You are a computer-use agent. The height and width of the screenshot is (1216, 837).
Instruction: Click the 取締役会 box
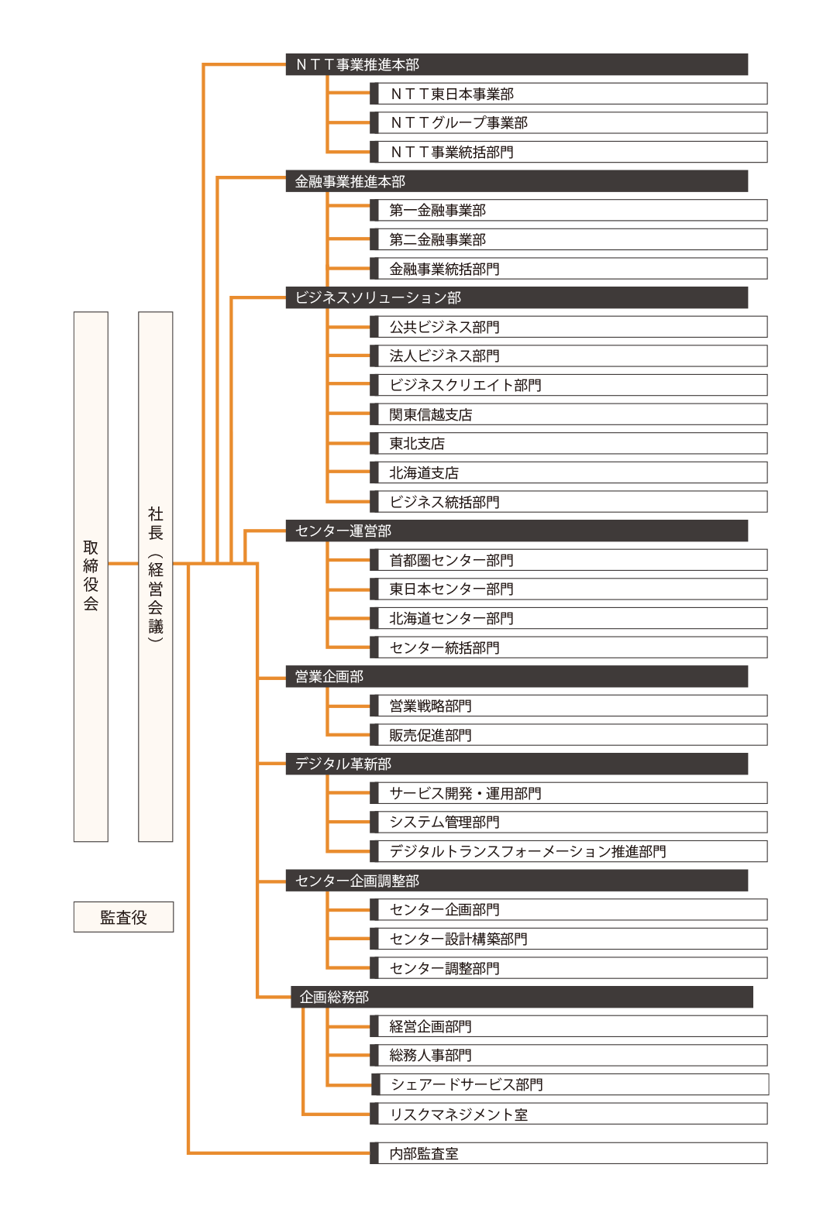(x=91, y=576)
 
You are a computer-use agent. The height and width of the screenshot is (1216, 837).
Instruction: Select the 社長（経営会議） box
(x=155, y=576)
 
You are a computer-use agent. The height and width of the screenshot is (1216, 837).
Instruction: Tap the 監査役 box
(x=123, y=917)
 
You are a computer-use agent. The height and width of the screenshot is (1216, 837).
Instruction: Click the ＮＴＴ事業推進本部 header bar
(x=517, y=64)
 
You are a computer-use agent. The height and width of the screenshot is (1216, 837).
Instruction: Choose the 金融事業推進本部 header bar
(x=517, y=180)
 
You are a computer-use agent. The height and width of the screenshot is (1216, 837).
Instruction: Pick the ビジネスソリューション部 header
(x=517, y=297)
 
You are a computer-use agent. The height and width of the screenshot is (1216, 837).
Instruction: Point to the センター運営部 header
(x=517, y=531)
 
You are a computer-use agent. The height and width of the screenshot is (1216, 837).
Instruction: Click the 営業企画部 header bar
(x=517, y=676)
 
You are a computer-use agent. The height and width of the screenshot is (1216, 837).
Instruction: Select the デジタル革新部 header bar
(x=517, y=764)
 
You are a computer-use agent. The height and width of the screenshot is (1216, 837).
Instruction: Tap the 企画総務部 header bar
(x=522, y=997)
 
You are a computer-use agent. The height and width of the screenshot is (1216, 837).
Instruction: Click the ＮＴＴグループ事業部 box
(x=568, y=122)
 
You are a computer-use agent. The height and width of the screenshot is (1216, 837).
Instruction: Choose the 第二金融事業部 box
(x=568, y=239)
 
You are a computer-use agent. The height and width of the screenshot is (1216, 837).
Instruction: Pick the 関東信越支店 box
(x=568, y=414)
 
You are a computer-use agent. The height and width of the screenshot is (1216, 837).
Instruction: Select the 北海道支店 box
(x=568, y=472)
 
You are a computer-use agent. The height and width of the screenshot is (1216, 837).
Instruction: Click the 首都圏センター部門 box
(x=568, y=560)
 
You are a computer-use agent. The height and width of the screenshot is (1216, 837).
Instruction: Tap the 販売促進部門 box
(x=568, y=734)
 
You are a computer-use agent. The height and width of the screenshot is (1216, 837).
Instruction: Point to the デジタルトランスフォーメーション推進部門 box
(x=568, y=851)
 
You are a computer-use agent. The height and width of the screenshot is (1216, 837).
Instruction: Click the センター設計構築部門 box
(x=568, y=939)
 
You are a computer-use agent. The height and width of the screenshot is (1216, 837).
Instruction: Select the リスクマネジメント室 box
(x=568, y=1114)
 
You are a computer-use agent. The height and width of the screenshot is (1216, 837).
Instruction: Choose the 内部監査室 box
(x=568, y=1153)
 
